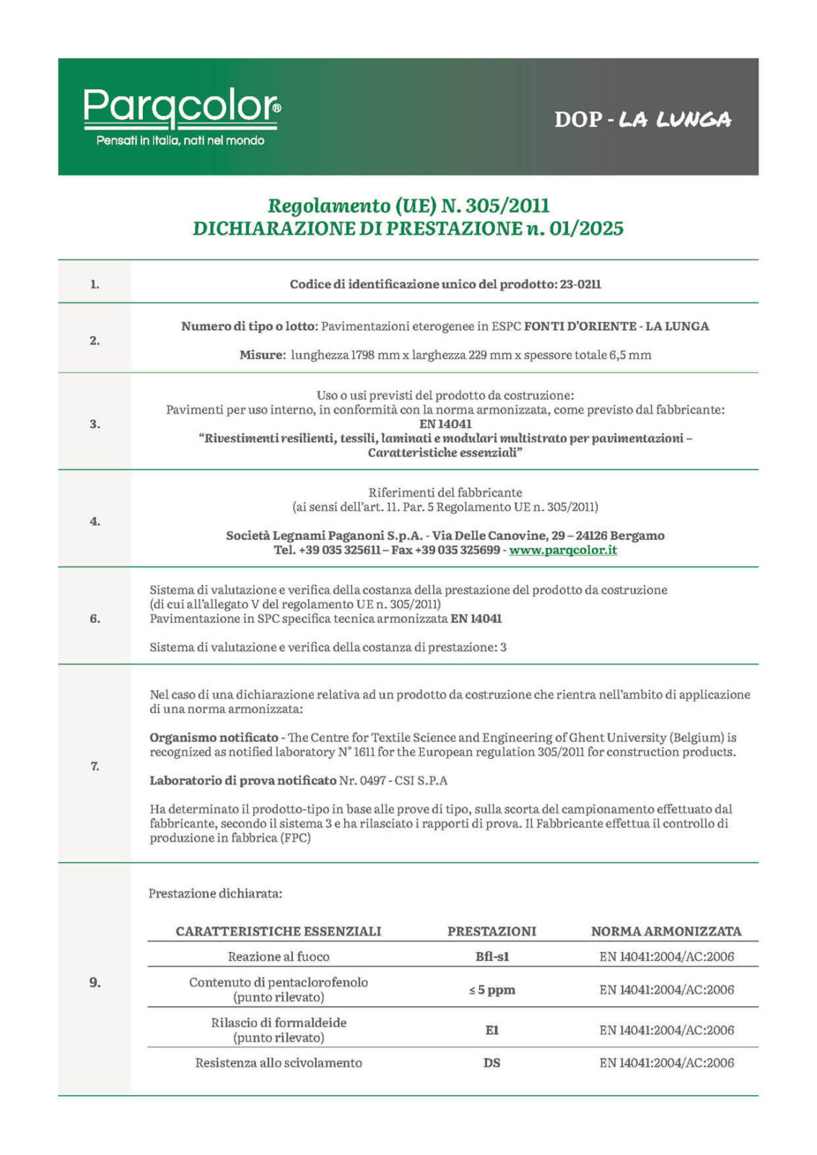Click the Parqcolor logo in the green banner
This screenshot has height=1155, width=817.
182,107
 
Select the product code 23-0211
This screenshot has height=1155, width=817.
580,284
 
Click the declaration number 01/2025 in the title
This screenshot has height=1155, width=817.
586,229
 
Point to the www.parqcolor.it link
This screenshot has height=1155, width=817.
563,550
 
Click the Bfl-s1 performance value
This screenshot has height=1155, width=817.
491,956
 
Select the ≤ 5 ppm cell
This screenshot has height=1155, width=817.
491,990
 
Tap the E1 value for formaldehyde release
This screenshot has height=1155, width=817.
491,1030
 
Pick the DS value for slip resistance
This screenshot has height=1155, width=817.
491,1063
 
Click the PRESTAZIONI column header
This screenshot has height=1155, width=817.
491,931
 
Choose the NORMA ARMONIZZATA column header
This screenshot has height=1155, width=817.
666,931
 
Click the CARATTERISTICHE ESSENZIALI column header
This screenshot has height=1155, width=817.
279,931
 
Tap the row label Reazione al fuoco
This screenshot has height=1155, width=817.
279,956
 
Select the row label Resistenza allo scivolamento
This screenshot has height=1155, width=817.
279,1063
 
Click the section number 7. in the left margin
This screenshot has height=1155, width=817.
95,766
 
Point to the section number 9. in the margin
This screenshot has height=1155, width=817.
95,982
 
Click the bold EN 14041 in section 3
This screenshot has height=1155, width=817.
445,424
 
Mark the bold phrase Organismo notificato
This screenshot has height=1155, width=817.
214,738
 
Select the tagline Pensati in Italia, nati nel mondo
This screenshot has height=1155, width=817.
180,141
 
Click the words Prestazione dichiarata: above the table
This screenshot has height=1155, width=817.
215,894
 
